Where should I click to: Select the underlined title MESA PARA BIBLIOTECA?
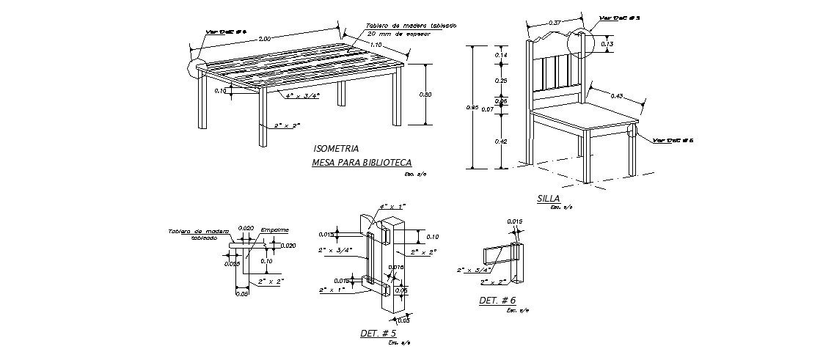(x=362, y=162)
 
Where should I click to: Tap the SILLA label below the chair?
(x=548, y=199)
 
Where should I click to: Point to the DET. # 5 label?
(x=378, y=334)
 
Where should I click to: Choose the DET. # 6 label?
(x=497, y=301)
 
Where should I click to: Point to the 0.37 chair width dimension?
(x=555, y=23)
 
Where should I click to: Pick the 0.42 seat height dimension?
(x=502, y=142)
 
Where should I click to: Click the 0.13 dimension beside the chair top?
(x=607, y=45)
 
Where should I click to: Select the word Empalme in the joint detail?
(x=274, y=229)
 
